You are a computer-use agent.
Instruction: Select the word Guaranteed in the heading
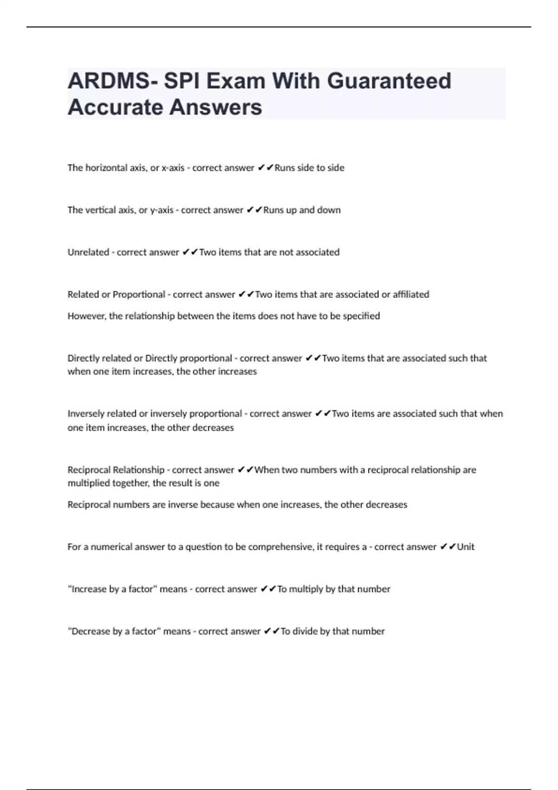389,81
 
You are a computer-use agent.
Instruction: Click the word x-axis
173,168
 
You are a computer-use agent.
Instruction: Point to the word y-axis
162,210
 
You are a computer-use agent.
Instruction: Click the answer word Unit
465,547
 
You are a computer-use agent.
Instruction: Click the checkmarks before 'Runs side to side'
265,168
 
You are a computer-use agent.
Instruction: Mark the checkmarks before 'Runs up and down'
254,210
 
